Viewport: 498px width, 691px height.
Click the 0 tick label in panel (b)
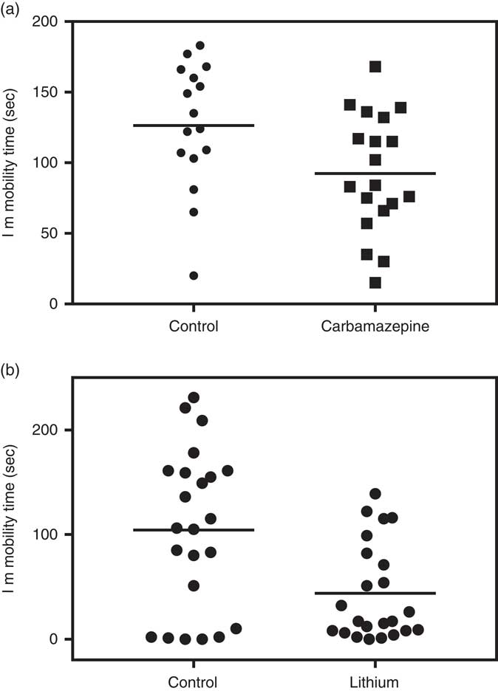pyautogui.click(x=54, y=639)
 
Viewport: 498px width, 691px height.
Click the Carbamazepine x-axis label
pyautogui.click(x=375, y=326)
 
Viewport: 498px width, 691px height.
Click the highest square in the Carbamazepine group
pyautogui.click(x=375, y=67)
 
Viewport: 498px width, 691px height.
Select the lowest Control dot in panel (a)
pyautogui.click(x=194, y=275)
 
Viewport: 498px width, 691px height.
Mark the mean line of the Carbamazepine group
pyautogui.click(x=375, y=173)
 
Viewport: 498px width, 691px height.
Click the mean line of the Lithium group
pyautogui.click(x=375, y=593)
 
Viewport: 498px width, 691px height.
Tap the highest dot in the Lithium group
pyautogui.click(x=375, y=493)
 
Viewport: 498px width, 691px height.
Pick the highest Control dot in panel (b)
pyautogui.click(x=194, y=397)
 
